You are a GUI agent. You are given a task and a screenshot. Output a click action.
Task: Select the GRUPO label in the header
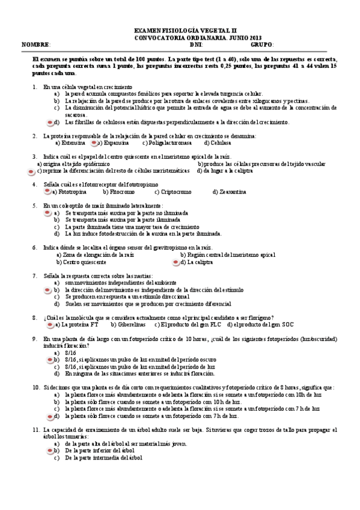(262, 45)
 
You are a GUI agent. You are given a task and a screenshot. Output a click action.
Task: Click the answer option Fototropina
(72, 192)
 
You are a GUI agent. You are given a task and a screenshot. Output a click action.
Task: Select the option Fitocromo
(119, 192)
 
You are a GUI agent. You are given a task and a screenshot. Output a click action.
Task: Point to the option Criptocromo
(175, 192)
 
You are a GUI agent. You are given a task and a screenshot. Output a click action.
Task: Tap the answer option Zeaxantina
(231, 192)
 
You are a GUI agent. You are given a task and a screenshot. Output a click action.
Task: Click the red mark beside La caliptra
(175, 262)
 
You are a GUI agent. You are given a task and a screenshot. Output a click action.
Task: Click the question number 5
(35, 206)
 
